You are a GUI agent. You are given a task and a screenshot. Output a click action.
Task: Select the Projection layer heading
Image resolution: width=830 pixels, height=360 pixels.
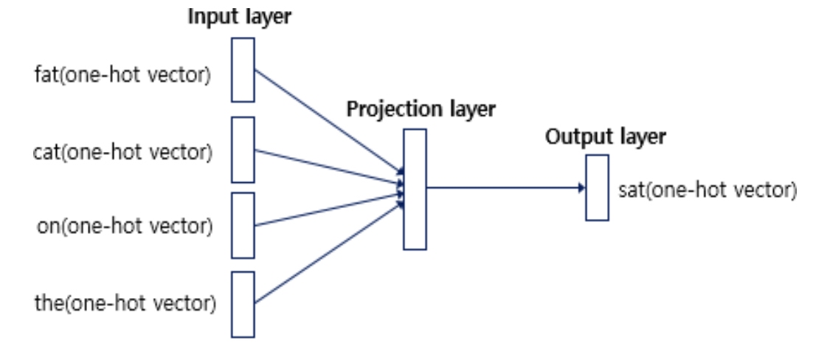click(x=421, y=109)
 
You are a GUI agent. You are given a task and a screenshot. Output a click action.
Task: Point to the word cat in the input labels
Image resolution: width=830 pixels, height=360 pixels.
click(x=46, y=153)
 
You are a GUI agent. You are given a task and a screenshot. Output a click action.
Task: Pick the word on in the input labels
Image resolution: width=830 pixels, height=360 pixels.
click(x=47, y=225)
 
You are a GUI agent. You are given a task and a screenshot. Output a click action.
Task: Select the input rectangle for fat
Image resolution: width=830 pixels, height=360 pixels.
click(x=243, y=69)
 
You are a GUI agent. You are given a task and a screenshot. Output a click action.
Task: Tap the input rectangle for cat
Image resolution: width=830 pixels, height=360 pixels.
click(x=243, y=149)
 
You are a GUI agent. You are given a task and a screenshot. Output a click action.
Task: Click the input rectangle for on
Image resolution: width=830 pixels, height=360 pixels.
click(x=243, y=224)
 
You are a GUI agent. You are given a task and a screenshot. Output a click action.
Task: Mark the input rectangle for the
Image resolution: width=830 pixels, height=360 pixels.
click(x=243, y=304)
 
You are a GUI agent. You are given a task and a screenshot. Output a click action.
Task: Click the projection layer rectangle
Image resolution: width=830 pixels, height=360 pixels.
click(x=415, y=189)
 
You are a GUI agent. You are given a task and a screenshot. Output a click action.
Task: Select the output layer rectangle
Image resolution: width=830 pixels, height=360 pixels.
click(x=597, y=187)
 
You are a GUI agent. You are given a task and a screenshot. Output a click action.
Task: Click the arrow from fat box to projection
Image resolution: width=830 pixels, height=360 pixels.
click(x=328, y=122)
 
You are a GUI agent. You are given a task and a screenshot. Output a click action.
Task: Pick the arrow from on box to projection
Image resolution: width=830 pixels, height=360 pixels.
click(x=328, y=209)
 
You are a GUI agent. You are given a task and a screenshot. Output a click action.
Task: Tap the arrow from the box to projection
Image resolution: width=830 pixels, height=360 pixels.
click(x=328, y=252)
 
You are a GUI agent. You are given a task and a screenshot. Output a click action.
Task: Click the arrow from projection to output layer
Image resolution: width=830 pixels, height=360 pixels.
click(x=502, y=187)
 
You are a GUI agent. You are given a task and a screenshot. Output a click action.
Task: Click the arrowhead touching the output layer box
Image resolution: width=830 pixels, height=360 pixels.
click(x=581, y=187)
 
